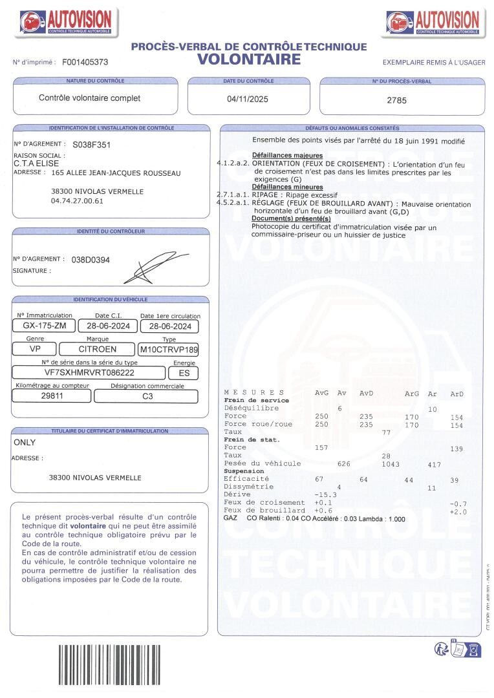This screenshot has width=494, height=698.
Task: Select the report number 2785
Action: tap(396, 100)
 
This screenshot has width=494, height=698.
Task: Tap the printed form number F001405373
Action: tap(85, 63)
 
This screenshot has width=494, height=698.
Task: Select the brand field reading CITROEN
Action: tap(97, 349)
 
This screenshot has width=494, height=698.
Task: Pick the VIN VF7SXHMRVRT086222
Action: tap(89, 373)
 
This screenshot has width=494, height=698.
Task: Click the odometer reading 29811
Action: tap(52, 396)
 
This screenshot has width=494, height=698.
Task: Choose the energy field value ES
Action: tap(184, 373)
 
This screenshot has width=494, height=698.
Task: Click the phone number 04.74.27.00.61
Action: tap(77, 201)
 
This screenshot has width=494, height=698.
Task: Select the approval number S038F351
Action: tap(91, 145)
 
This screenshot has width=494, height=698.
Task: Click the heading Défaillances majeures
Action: tap(287, 156)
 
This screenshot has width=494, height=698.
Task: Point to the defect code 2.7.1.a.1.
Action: tap(232, 193)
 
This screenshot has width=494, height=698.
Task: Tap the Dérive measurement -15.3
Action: tap(326, 494)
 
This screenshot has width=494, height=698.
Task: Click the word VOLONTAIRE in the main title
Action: tap(249, 59)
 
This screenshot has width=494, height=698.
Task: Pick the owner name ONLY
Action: tap(25, 443)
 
